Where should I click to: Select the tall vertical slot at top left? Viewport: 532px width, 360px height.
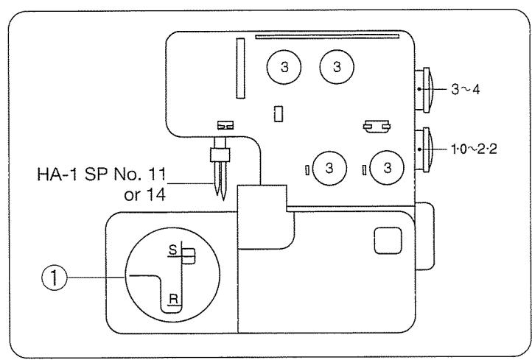[x=239, y=68]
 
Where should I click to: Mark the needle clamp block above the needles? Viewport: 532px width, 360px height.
[x=217, y=153]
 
